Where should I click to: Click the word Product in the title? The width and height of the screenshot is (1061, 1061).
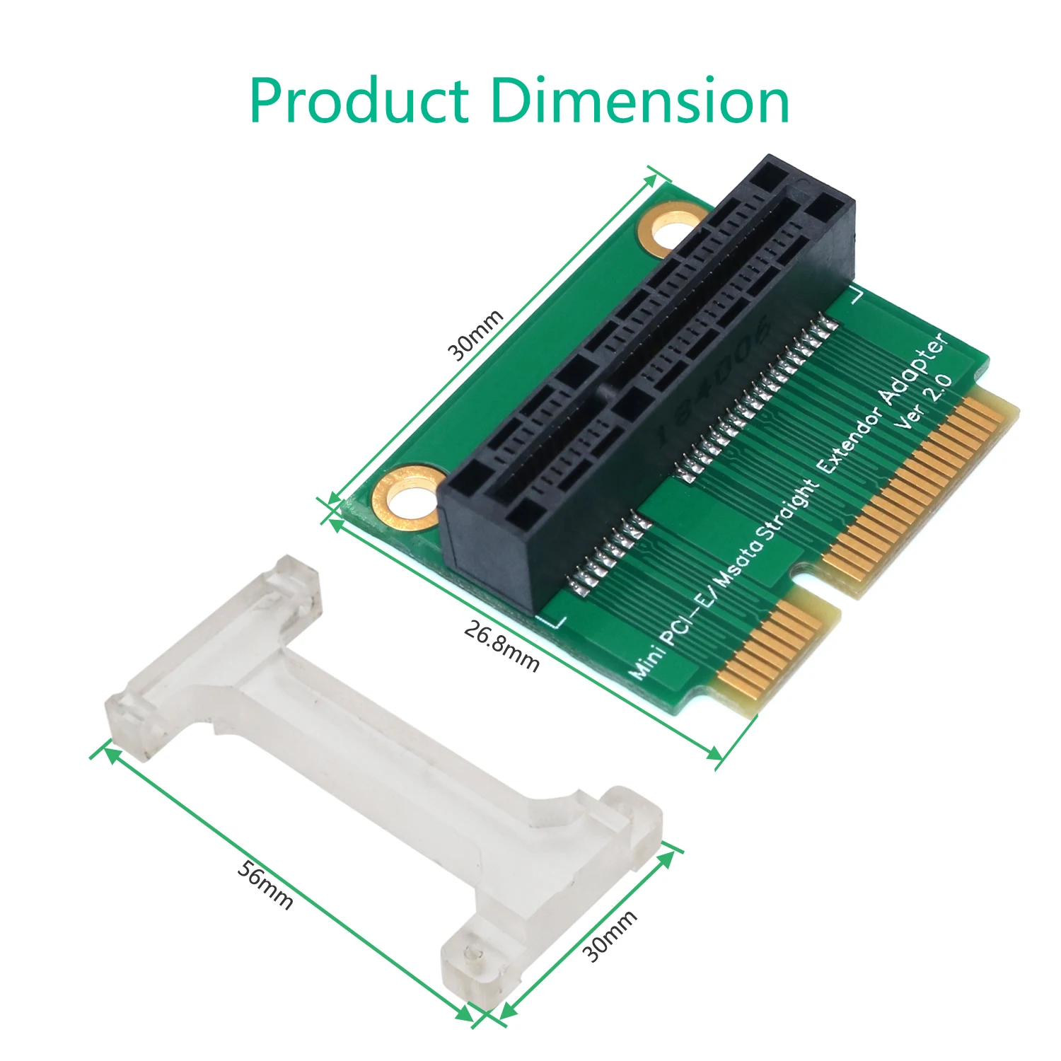(x=359, y=101)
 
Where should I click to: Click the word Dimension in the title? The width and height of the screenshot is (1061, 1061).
(x=639, y=101)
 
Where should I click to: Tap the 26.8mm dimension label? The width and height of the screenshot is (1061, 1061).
(x=501, y=645)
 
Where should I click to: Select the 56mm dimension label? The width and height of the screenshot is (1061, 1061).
(x=265, y=884)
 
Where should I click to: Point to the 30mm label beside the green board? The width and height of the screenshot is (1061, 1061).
(x=476, y=335)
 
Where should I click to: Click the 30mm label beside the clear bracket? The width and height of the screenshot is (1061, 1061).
(x=610, y=936)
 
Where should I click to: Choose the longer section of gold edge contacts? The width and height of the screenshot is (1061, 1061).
(x=920, y=488)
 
